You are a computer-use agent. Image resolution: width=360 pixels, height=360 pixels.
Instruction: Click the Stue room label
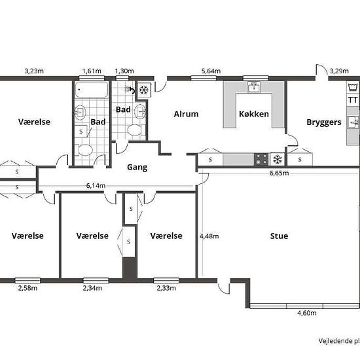tap(279, 236)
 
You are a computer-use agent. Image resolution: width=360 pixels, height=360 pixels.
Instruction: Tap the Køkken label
tap(254, 114)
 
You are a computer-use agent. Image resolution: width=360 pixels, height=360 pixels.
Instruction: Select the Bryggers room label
tap(324, 122)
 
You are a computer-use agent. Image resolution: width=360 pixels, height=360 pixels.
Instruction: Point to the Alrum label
tap(186, 114)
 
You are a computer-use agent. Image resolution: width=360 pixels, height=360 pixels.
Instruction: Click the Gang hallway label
tap(137, 167)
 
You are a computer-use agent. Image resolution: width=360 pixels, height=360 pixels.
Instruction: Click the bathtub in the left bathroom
tap(92, 90)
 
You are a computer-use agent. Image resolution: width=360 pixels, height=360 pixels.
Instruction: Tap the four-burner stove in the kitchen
tap(261, 159)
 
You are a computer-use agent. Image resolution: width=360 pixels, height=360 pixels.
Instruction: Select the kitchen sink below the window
tap(254, 87)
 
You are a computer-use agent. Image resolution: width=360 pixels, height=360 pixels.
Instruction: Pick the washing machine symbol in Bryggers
tap(353, 88)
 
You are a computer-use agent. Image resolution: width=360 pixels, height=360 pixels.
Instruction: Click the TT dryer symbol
tap(353, 100)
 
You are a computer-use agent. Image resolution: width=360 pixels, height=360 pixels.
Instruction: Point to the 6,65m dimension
tap(279, 173)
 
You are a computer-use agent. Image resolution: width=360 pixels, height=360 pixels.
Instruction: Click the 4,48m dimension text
tap(209, 236)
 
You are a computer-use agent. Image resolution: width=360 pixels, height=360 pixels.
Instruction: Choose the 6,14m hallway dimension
tap(96, 185)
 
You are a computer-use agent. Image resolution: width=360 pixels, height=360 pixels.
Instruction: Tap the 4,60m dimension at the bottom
tap(307, 313)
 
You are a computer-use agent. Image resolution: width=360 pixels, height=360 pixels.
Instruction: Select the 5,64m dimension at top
tap(211, 71)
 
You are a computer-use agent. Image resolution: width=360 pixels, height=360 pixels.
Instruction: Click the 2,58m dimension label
tap(27, 288)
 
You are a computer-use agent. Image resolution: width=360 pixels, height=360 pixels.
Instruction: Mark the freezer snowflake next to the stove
tap(278, 159)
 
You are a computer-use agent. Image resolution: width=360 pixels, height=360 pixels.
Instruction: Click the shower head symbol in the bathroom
tap(127, 89)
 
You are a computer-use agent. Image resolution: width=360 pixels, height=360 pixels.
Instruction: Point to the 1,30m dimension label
tap(124, 71)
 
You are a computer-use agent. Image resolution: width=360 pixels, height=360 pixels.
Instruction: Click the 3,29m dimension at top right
tap(339, 71)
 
